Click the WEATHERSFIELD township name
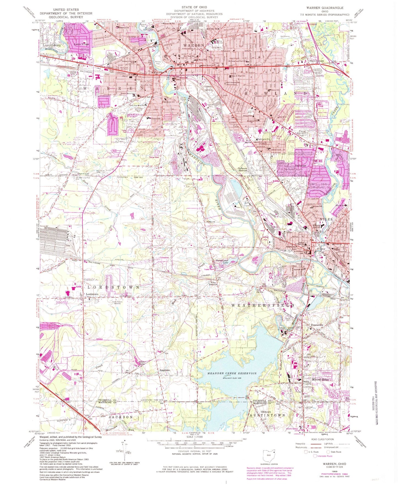[263, 305]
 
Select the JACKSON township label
[121, 417]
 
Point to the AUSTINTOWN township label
[267, 415]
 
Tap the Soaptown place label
[165, 370]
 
